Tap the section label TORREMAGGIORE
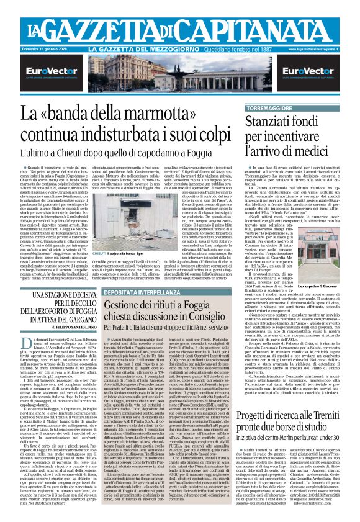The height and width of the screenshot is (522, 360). click(294, 109)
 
